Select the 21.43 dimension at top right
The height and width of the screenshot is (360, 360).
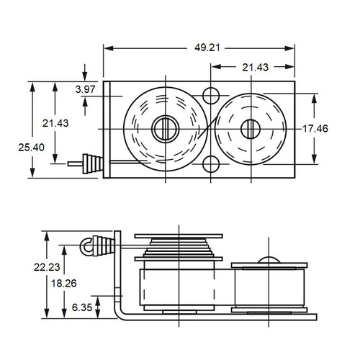tap(256, 67)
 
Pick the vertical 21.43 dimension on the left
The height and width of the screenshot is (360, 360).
tap(55, 123)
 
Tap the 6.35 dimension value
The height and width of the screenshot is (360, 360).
tap(81, 307)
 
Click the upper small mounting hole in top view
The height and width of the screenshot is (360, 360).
tap(212, 95)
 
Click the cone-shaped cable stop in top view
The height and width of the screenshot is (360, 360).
tap(91, 163)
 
